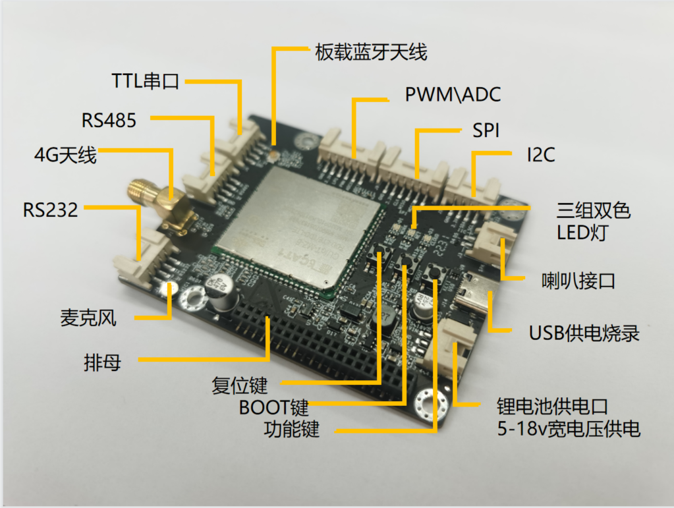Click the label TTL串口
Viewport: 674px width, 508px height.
coord(145,82)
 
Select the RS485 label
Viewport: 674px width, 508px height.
coord(109,121)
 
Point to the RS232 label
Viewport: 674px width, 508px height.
coord(51,210)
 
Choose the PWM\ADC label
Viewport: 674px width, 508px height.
coord(453,95)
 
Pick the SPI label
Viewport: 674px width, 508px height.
coord(486,130)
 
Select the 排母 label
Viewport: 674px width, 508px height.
coord(102,362)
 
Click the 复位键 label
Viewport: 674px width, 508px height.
coord(239,385)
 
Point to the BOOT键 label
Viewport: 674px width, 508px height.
coord(273,407)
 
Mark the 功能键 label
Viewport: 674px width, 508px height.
coord(291,430)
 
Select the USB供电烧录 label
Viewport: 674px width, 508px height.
coord(584,333)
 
